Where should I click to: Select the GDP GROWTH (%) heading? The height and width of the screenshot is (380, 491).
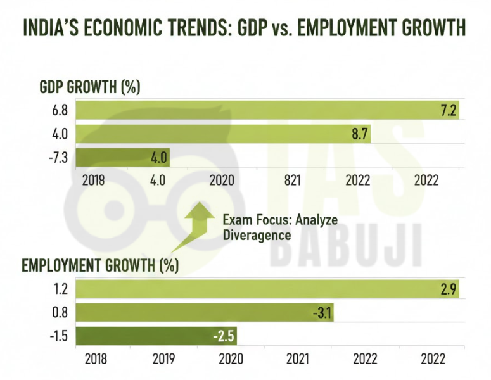tap(89, 87)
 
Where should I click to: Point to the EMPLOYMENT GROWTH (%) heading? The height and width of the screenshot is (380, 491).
tap(100, 265)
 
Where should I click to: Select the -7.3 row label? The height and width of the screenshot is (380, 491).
tap(60, 157)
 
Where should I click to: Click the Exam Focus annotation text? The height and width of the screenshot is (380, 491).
tap(279, 227)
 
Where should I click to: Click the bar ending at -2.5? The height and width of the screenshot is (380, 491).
tap(156, 336)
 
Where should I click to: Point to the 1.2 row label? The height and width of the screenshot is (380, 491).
tap(61, 289)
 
